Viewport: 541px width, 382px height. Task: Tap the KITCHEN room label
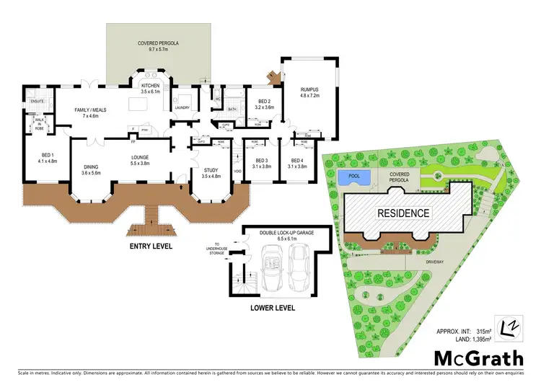pyautogui.click(x=149, y=86)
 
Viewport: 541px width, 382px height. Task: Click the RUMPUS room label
pyautogui.click(x=309, y=89)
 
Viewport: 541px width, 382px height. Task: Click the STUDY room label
pyautogui.click(x=211, y=171)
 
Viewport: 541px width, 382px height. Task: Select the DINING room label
pyautogui.click(x=90, y=167)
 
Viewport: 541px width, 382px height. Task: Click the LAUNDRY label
pyautogui.click(x=181, y=108)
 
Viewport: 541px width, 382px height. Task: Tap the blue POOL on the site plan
pyautogui.click(x=353, y=177)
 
